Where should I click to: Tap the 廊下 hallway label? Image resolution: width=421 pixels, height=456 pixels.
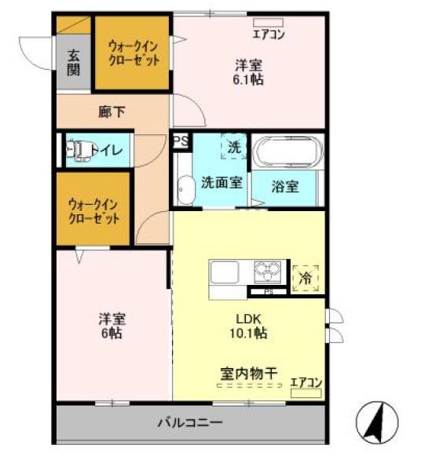click(112, 112)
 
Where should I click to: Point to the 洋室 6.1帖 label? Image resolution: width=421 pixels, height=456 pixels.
click(247, 71)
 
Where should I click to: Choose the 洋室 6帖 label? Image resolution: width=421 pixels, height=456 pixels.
click(111, 325)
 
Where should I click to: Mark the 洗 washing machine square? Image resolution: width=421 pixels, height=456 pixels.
click(233, 147)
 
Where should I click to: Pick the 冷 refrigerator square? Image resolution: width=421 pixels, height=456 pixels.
click(306, 276)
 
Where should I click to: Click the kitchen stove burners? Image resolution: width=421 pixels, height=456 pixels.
click(269, 272)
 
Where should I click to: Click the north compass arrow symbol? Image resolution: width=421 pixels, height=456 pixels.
click(379, 421)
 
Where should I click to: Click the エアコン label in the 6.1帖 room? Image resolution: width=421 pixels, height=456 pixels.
click(269, 34)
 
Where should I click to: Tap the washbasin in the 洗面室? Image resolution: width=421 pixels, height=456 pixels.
click(185, 189)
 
